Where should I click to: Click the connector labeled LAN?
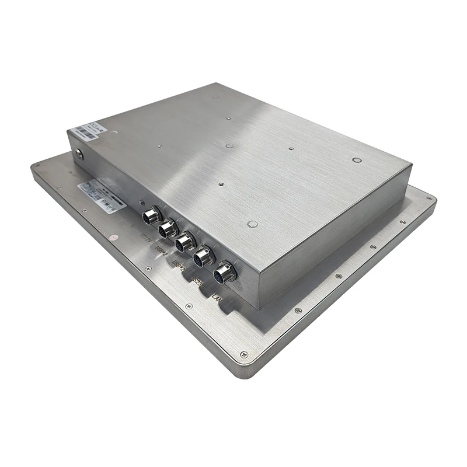(224, 273)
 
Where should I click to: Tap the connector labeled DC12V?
(151, 216)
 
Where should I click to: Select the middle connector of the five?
(185, 241)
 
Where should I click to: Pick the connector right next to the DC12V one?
(168, 228)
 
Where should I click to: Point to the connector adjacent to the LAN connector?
(204, 256)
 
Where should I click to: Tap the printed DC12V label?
(147, 238)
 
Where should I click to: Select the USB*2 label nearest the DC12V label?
(161, 251)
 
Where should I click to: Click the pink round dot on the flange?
(115, 238)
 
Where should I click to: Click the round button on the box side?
(79, 155)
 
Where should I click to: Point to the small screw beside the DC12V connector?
(140, 201)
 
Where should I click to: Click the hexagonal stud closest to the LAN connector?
(252, 224)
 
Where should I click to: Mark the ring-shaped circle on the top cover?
(357, 159)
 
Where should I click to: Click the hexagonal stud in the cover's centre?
(229, 146)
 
